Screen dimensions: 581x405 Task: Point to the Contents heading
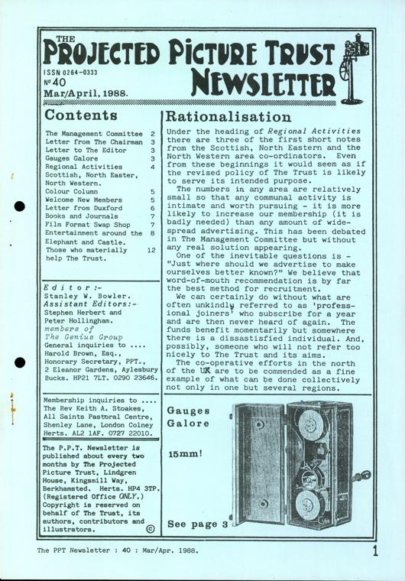pyautogui.click(x=81, y=116)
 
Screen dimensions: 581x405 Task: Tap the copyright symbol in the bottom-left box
pyautogui.click(x=148, y=527)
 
